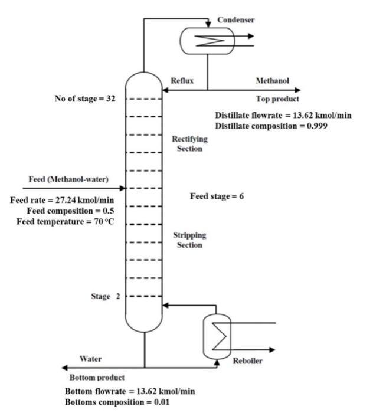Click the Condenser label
tap(235, 19)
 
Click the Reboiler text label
tap(248, 361)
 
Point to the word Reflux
tap(182, 81)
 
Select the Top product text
tap(277, 99)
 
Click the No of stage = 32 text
tap(85, 99)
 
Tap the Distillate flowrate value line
tap(283, 116)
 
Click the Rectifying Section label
tap(187, 143)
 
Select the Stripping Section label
tap(189, 240)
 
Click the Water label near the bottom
tap(90, 359)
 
